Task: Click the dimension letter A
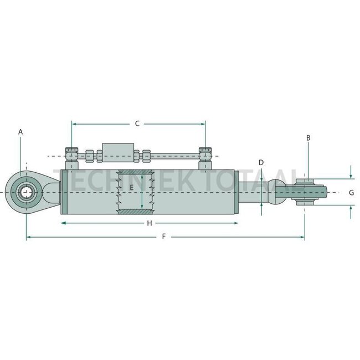tap(20, 132)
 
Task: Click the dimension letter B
tap(308, 137)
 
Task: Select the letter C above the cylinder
tap(137, 124)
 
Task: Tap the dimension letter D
tap(261, 162)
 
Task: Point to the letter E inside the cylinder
tap(131, 188)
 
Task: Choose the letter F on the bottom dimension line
tap(163, 236)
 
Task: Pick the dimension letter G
tap(351, 193)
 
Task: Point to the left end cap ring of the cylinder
tap(63, 192)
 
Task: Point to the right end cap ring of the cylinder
tap(236, 192)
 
